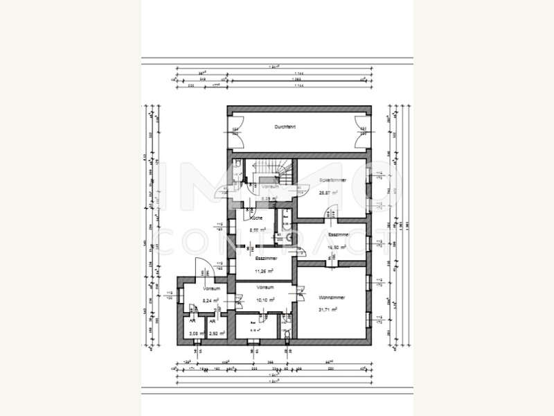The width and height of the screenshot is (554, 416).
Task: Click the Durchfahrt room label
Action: [x=285, y=128]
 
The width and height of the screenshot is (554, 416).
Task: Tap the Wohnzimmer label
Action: [x=332, y=297]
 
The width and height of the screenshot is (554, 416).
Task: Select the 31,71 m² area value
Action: [x=328, y=310]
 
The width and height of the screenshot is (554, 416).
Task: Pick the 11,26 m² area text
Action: [x=266, y=270]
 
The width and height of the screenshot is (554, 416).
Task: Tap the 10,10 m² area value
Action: [x=265, y=300]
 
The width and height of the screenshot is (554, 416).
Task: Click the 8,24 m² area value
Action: [x=211, y=300]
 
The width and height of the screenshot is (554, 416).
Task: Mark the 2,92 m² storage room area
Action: [x=214, y=333]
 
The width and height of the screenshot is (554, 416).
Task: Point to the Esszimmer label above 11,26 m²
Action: [x=267, y=258]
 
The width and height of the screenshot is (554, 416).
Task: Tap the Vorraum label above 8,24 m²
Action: [x=211, y=288]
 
